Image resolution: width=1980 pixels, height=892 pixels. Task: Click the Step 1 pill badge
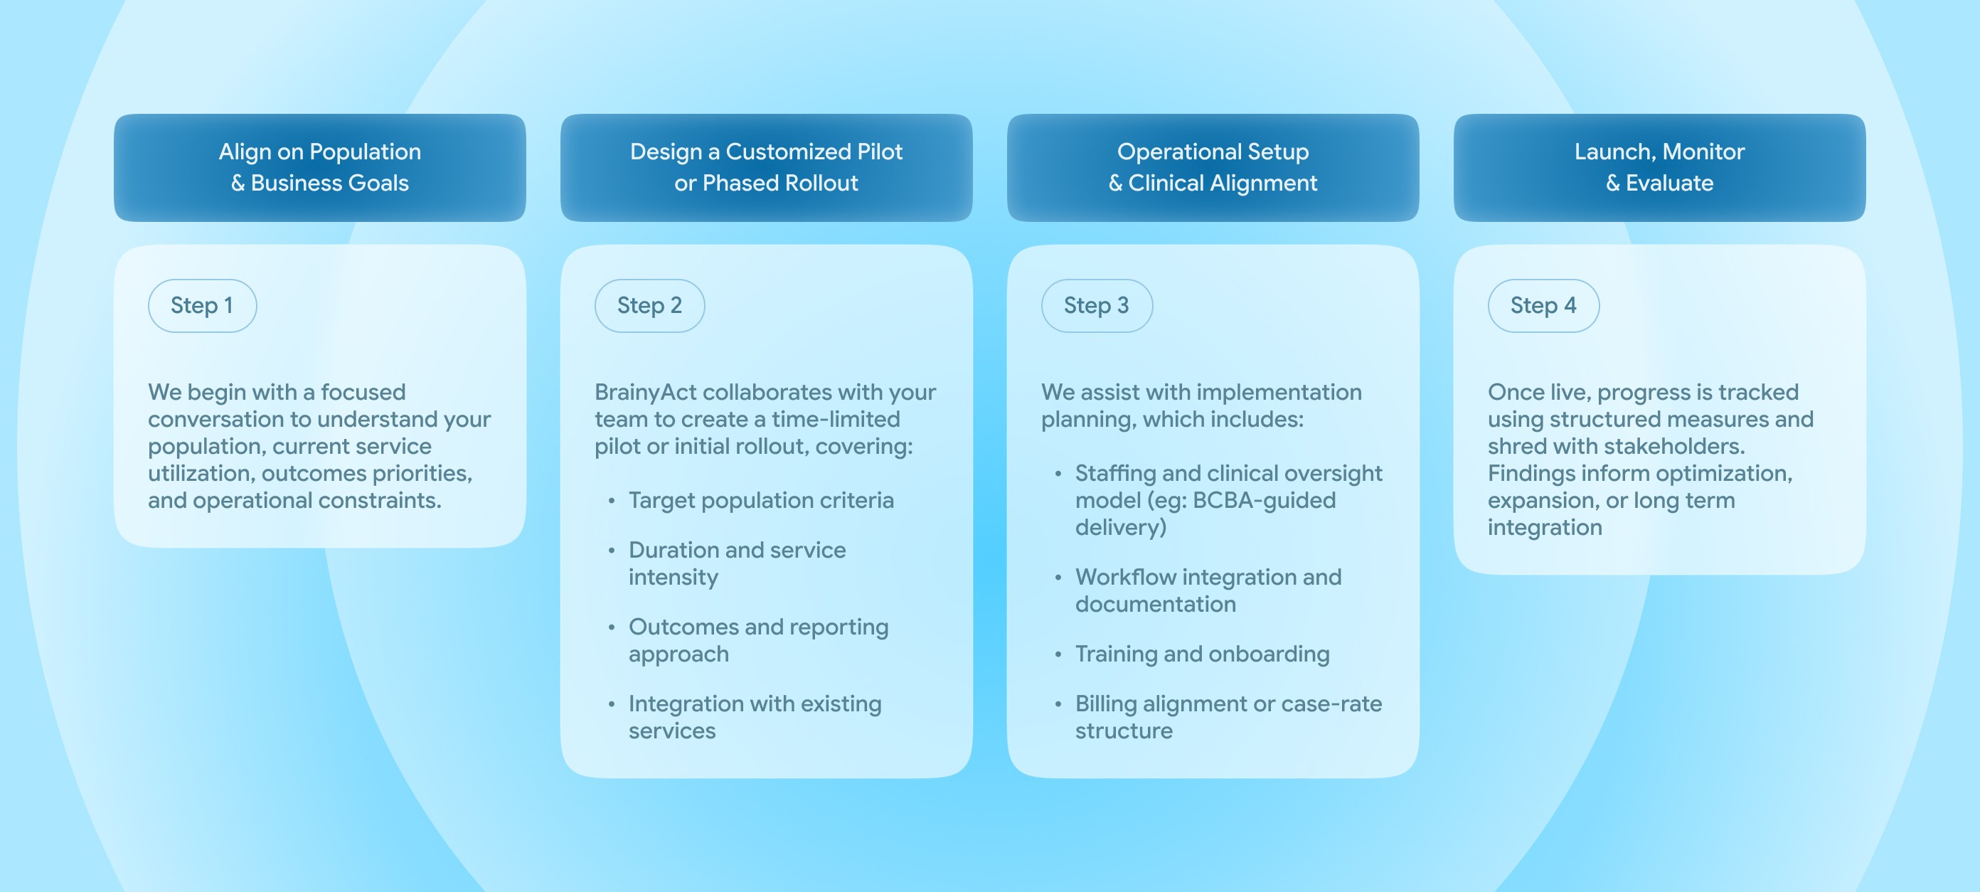click(x=202, y=305)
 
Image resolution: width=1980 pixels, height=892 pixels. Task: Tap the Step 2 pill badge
click(x=649, y=305)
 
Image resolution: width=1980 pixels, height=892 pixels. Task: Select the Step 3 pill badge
click(x=1097, y=305)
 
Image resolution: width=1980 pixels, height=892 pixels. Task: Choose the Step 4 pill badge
click(x=1543, y=305)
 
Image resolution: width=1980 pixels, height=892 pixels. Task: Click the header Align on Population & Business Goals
click(x=320, y=168)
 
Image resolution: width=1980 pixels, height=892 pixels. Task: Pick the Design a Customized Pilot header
click(x=767, y=168)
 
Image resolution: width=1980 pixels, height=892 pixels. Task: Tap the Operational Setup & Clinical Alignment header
click(x=1213, y=168)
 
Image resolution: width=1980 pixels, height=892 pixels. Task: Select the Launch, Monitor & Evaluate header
click(x=1659, y=168)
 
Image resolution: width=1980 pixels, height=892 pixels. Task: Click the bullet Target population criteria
click(x=761, y=501)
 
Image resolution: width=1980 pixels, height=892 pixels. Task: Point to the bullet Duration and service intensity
click(x=736, y=563)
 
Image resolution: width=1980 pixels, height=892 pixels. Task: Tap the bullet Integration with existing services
click(x=755, y=718)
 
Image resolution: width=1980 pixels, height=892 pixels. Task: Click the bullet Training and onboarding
click(x=1202, y=654)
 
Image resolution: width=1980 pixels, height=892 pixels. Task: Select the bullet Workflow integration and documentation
click(x=1208, y=590)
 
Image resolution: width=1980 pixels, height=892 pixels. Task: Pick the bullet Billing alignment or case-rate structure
click(x=1228, y=718)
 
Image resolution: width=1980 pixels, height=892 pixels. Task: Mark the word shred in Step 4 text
click(x=1518, y=447)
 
